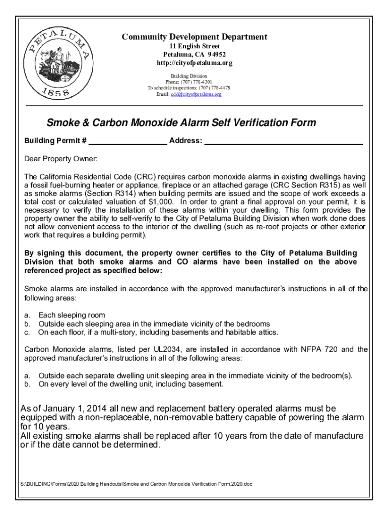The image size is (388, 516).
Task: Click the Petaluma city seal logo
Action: tap(60, 66)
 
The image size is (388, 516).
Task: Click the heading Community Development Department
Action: tap(195, 37)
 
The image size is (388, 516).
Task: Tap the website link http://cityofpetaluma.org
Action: tap(195, 63)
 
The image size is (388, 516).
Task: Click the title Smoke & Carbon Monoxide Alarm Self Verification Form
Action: tap(181, 122)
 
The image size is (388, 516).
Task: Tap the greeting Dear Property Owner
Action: tap(60, 159)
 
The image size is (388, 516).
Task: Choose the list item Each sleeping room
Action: tap(72, 315)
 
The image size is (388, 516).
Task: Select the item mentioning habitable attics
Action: tap(158, 332)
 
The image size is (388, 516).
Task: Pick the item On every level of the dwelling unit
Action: tap(130, 384)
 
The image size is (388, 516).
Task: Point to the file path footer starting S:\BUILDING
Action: tap(138, 484)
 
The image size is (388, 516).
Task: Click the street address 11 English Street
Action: tap(195, 46)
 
